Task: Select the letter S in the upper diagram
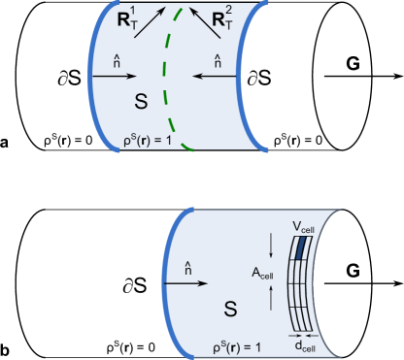coord(141,101)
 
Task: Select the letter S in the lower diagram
coord(232,310)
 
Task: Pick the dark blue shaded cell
coord(303,247)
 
